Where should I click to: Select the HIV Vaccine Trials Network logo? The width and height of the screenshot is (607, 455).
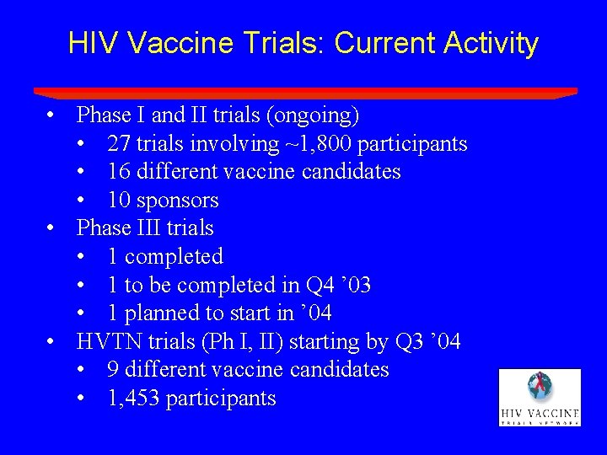(x=539, y=397)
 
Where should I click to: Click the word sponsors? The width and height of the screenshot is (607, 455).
(x=181, y=201)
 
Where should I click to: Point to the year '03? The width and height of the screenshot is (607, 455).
(x=356, y=286)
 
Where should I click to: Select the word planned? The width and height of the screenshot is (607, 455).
(x=160, y=313)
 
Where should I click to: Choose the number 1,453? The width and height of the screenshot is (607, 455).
(x=133, y=399)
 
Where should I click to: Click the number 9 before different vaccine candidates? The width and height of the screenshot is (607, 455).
(x=113, y=370)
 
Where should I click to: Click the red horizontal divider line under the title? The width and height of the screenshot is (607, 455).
(x=304, y=92)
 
